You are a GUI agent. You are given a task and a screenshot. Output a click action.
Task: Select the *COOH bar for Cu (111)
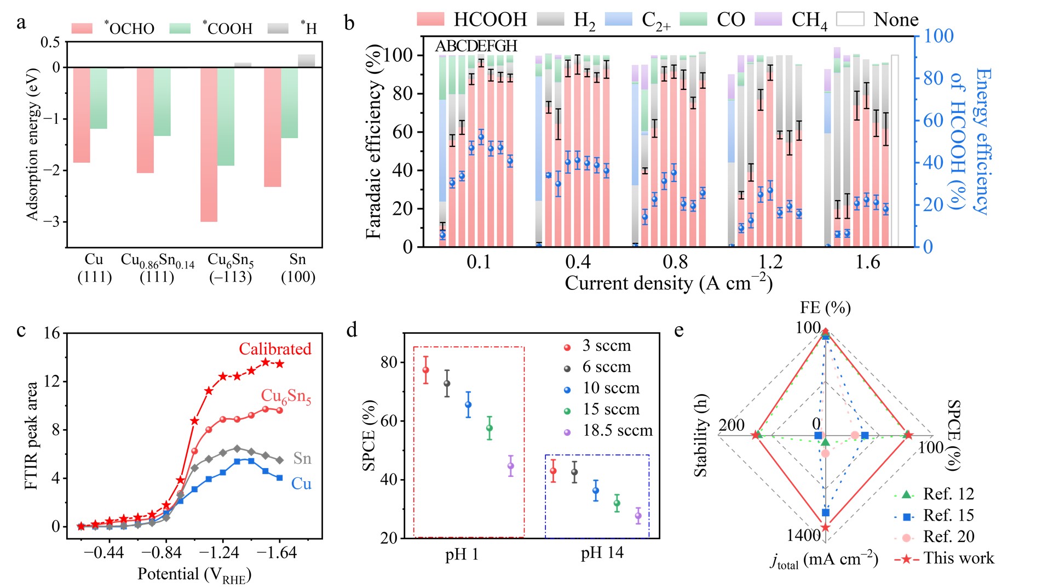pyautogui.click(x=99, y=98)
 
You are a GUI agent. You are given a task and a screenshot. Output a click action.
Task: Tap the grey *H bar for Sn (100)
pyautogui.click(x=306, y=61)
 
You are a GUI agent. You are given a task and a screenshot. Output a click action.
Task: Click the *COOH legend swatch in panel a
pyautogui.click(x=180, y=29)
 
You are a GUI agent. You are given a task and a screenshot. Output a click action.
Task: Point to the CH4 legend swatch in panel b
pyautogui.click(x=768, y=20)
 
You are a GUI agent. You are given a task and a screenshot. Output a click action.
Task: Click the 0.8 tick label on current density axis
pyautogui.click(x=675, y=262)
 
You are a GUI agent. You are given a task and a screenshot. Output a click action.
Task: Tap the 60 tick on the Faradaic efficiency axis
pyautogui.click(x=402, y=132)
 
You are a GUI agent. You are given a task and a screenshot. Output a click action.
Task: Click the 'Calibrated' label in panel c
pyautogui.click(x=275, y=349)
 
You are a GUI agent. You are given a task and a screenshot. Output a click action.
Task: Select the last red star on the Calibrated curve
pyautogui.click(x=280, y=364)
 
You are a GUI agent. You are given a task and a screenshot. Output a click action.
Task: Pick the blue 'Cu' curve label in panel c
pyautogui.click(x=301, y=483)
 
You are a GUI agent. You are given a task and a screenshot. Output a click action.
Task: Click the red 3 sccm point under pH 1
pyautogui.click(x=425, y=370)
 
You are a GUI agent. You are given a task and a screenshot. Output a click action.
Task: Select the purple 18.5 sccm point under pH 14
pyautogui.click(x=638, y=515)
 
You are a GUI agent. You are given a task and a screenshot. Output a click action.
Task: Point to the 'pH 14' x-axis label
pyautogui.click(x=602, y=553)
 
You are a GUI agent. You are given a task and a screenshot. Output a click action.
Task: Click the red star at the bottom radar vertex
pyautogui.click(x=826, y=527)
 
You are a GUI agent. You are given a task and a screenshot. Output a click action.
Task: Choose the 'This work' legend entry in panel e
pyautogui.click(x=958, y=558)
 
